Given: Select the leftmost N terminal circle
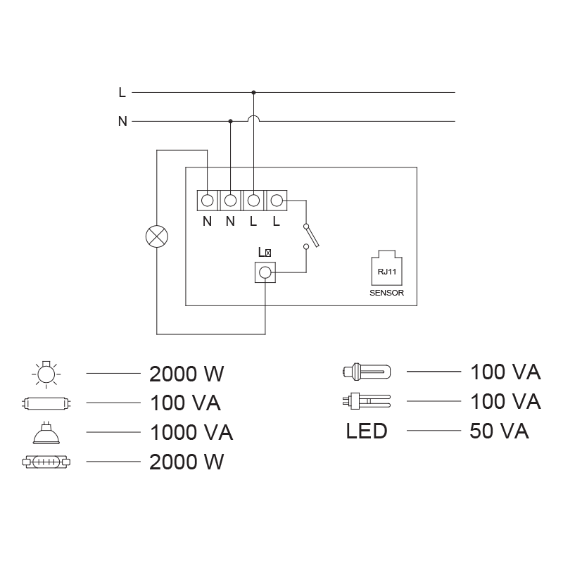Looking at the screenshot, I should click(x=207, y=201).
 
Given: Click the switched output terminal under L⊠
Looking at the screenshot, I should click(x=265, y=273).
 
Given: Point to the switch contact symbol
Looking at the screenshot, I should click(x=311, y=236).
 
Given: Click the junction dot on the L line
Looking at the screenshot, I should click(x=253, y=92).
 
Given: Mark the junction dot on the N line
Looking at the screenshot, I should click(x=230, y=121).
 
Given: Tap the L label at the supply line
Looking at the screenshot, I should click(x=122, y=92).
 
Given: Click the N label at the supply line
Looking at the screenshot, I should click(x=122, y=121).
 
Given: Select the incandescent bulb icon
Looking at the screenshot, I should click(x=46, y=373).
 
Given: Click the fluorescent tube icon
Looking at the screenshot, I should click(x=46, y=403).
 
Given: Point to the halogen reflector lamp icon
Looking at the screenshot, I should click(x=46, y=431).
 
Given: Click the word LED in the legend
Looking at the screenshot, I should click(x=367, y=431).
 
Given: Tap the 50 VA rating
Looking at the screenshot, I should click(x=499, y=431).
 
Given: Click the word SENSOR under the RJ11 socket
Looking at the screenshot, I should click(x=387, y=293).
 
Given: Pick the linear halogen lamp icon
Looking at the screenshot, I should click(x=46, y=462).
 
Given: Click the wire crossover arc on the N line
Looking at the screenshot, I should click(x=253, y=119).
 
